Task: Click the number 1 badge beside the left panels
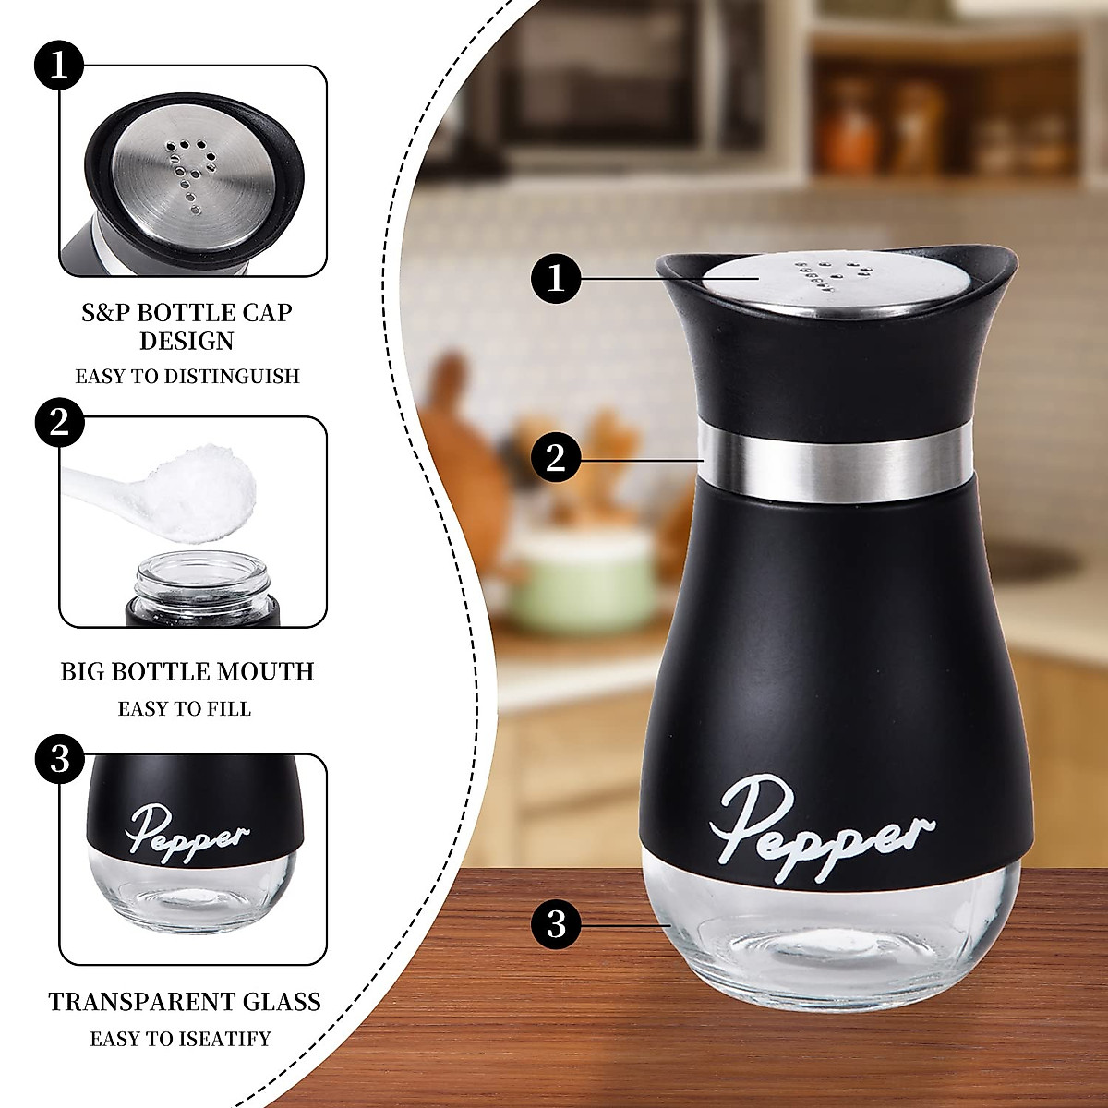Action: (x=60, y=66)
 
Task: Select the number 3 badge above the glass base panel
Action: (x=60, y=759)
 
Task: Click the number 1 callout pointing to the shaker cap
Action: (x=556, y=277)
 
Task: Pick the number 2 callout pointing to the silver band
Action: (x=556, y=458)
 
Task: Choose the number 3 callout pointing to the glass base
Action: (x=556, y=922)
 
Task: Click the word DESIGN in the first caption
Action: (x=187, y=342)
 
